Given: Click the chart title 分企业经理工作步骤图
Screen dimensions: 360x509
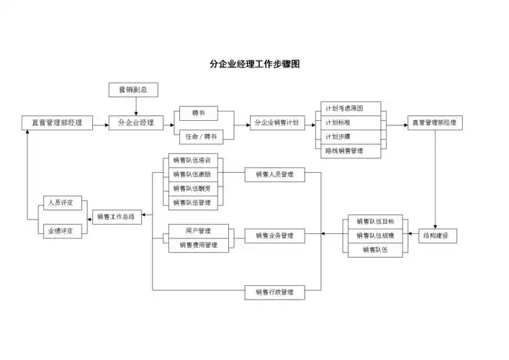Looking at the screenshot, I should (254, 64).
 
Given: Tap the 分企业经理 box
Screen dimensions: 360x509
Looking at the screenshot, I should (135, 123).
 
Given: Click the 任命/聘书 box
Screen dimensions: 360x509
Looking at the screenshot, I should (199, 136).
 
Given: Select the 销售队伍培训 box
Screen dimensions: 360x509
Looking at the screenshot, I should (192, 161).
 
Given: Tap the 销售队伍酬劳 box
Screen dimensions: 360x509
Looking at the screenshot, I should (192, 189).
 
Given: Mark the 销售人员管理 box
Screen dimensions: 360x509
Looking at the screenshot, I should (274, 174).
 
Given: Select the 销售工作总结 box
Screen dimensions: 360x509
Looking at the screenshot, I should (117, 215).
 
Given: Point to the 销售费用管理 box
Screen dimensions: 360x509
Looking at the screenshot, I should (198, 245).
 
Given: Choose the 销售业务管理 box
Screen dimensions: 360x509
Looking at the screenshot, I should (274, 235).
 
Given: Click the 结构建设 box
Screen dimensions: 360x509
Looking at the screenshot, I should (438, 235).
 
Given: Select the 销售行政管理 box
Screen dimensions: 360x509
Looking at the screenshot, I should (274, 292).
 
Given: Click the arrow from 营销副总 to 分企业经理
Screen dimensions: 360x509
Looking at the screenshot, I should (135, 106).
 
